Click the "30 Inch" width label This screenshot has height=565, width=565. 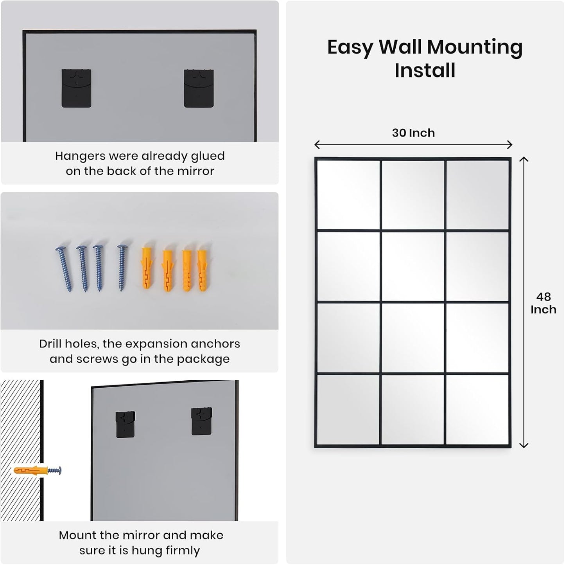(x=413, y=133)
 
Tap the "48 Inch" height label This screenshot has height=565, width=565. (x=543, y=303)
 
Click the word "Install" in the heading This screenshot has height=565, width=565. (x=425, y=70)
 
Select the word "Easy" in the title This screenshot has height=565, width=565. (x=350, y=47)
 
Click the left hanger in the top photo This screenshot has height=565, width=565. (x=77, y=88)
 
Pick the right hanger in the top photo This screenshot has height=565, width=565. (x=199, y=88)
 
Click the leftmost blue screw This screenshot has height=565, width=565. (x=64, y=269)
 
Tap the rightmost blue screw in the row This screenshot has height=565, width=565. (x=122, y=268)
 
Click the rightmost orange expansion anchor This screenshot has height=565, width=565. (x=202, y=266)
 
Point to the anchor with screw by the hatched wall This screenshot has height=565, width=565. (x=38, y=470)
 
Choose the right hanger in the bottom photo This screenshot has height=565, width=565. (x=201, y=421)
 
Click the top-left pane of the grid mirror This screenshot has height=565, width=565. (x=348, y=194)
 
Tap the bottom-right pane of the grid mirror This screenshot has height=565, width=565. (x=477, y=410)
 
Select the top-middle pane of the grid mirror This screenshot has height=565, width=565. (x=413, y=194)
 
